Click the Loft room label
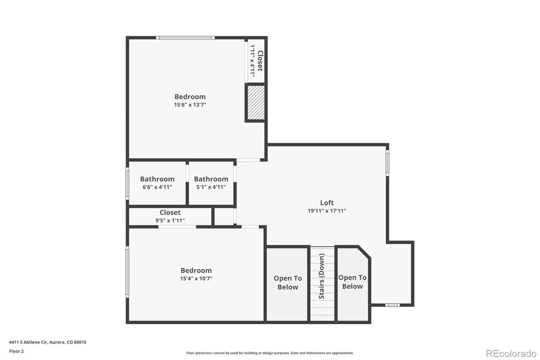click(x=327, y=203)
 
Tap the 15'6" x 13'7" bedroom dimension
click(x=190, y=105)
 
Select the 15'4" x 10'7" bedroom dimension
click(x=196, y=279)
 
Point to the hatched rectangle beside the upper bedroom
click(x=256, y=103)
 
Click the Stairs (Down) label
click(x=322, y=276)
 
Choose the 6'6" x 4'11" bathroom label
click(x=157, y=183)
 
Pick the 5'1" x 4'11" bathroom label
click(x=211, y=183)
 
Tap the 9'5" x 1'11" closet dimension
click(x=170, y=221)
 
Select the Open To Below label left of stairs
click(x=288, y=283)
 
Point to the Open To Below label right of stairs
click(x=352, y=282)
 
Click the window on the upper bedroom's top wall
click(x=185, y=37)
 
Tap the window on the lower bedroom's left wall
click(x=128, y=272)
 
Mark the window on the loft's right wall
click(x=387, y=163)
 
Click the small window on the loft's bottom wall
click(x=392, y=305)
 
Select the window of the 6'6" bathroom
click(x=128, y=184)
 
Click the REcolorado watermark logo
click(x=511, y=354)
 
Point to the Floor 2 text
click(x=17, y=351)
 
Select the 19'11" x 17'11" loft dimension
click(x=327, y=211)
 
